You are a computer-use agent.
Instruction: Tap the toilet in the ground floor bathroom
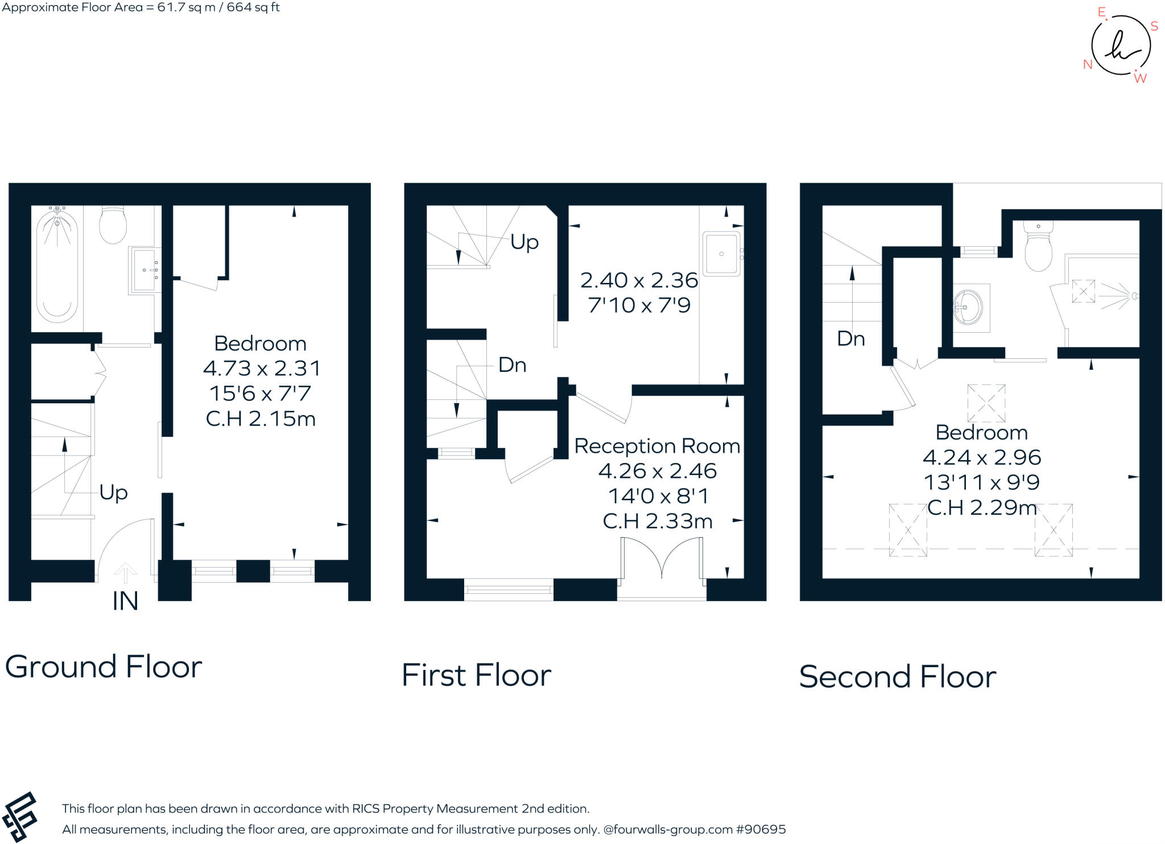(113, 225)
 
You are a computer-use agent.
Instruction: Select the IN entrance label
(125, 602)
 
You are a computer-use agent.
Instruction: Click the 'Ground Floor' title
(104, 667)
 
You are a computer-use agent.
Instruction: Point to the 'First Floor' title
(476, 676)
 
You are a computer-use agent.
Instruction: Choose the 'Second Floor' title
(897, 677)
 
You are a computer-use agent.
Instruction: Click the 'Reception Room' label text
(657, 446)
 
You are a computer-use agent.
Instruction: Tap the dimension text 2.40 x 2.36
(639, 280)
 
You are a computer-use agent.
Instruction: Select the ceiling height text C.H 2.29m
(982, 507)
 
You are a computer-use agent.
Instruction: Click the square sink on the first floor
(721, 254)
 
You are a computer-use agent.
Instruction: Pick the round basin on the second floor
(968, 307)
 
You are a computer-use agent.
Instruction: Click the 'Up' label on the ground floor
(113, 492)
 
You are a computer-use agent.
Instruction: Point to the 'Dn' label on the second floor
(850, 339)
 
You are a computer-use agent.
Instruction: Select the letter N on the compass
(1088, 64)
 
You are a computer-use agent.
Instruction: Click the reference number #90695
(761, 829)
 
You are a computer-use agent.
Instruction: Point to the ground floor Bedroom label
(260, 344)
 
